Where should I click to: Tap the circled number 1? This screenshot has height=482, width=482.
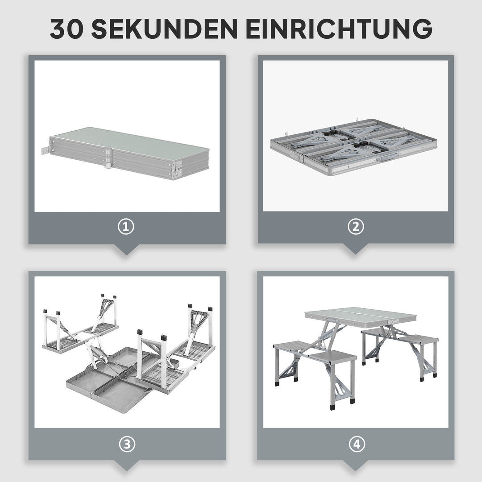tap(126, 227)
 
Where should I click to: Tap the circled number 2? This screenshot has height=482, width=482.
tap(356, 227)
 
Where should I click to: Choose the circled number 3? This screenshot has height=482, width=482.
tap(127, 444)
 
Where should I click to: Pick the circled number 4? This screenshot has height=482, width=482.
tap(356, 444)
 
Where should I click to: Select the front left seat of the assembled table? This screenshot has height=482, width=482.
tap(332, 357)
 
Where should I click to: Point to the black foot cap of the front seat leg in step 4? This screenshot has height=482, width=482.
tap(332, 407)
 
